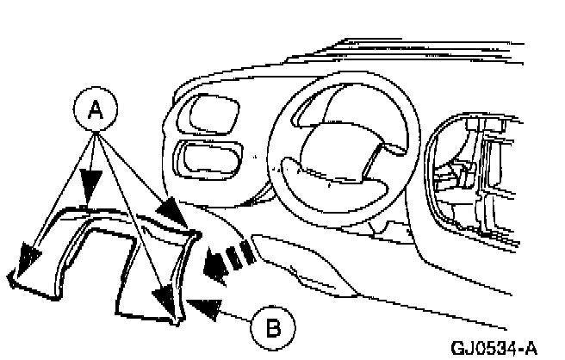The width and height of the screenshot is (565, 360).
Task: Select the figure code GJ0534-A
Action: coord(494,348)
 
